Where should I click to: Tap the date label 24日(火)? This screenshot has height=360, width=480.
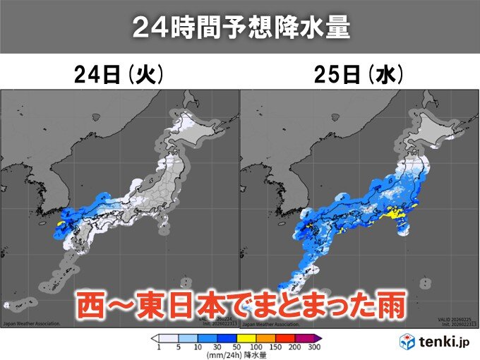[120, 76]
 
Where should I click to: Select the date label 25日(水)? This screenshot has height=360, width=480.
[358, 76]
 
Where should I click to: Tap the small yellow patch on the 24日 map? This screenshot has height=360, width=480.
[61, 224]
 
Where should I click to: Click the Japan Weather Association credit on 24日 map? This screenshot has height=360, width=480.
[32, 325]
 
